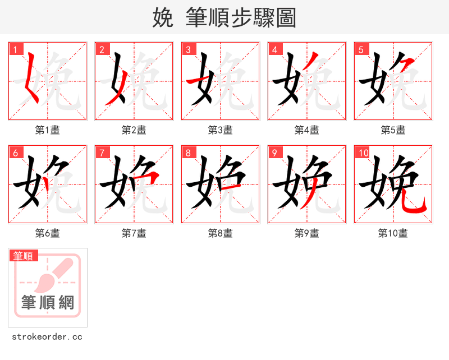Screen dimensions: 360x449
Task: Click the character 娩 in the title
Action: click(x=163, y=18)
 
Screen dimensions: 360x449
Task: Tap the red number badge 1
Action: click(x=15, y=49)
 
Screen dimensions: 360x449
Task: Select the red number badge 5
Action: click(x=360, y=49)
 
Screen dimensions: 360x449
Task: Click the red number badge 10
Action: click(x=362, y=153)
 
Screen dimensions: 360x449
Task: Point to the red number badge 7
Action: click(x=101, y=153)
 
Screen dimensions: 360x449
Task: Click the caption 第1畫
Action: click(x=47, y=130)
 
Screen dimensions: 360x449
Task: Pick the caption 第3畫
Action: click(x=220, y=130)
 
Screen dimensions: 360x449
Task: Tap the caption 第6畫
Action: click(x=47, y=233)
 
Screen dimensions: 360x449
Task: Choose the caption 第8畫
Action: click(x=220, y=233)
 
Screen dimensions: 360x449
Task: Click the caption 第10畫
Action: click(x=393, y=233)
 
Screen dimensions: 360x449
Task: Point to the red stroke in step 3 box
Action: click(x=199, y=81)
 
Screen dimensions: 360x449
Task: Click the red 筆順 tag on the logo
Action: click(x=24, y=256)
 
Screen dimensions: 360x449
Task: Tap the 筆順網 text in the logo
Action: click(x=47, y=303)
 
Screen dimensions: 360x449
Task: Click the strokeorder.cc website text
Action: click(x=47, y=337)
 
